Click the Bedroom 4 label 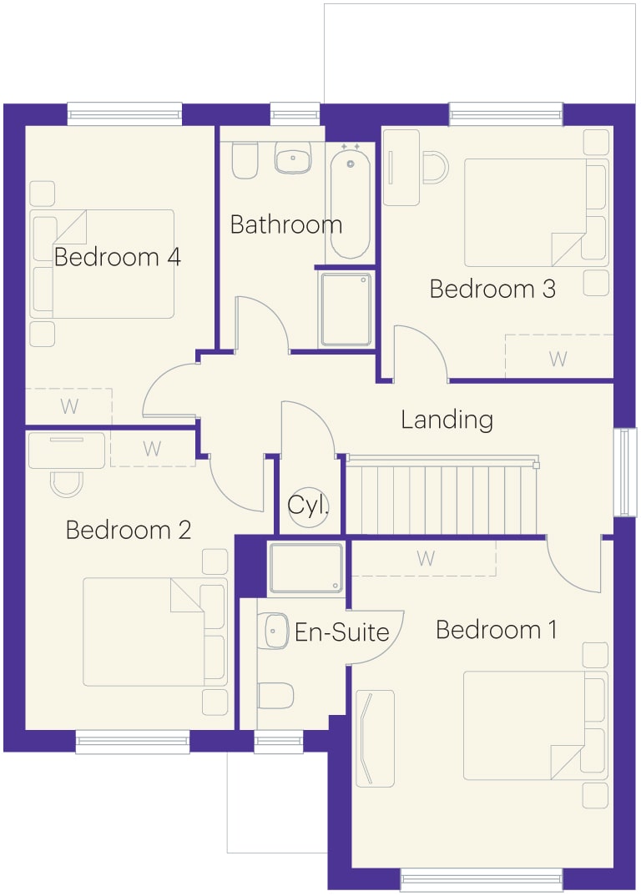tap(117, 257)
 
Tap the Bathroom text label tap(286, 224)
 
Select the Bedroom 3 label tap(492, 289)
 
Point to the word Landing tap(447, 420)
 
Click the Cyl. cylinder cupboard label tap(308, 505)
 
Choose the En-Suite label tap(342, 632)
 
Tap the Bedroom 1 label tap(496, 630)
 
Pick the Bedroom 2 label tap(128, 530)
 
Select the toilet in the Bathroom tap(245, 159)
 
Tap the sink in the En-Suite tap(276, 631)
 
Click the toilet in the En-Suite tap(275, 696)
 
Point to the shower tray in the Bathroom tap(346, 310)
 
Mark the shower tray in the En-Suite tap(306, 568)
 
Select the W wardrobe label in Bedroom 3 tap(558, 359)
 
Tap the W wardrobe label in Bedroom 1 tap(426, 558)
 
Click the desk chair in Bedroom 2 tap(67, 484)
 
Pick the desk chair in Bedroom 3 tap(435, 167)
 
